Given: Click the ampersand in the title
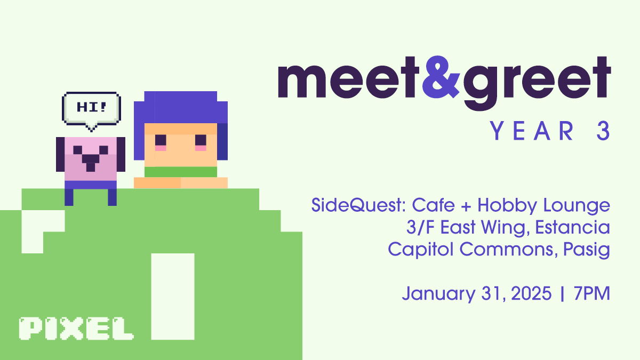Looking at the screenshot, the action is [x=441, y=77].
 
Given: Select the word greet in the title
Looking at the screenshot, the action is [x=537, y=83].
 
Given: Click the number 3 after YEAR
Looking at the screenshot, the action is [x=603, y=131].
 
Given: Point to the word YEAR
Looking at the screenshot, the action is [x=532, y=131].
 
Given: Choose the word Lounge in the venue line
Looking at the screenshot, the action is [x=577, y=206].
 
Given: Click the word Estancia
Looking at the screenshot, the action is [x=573, y=227].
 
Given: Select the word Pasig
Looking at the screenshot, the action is [x=587, y=250].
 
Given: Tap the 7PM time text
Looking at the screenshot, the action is [x=592, y=293].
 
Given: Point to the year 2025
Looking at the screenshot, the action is [x=531, y=293].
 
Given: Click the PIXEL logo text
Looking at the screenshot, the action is [x=76, y=329].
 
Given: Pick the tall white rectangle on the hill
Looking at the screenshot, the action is [x=173, y=297].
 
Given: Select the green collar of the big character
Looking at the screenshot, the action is [x=181, y=172].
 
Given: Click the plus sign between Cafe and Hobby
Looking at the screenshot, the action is [x=466, y=206].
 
